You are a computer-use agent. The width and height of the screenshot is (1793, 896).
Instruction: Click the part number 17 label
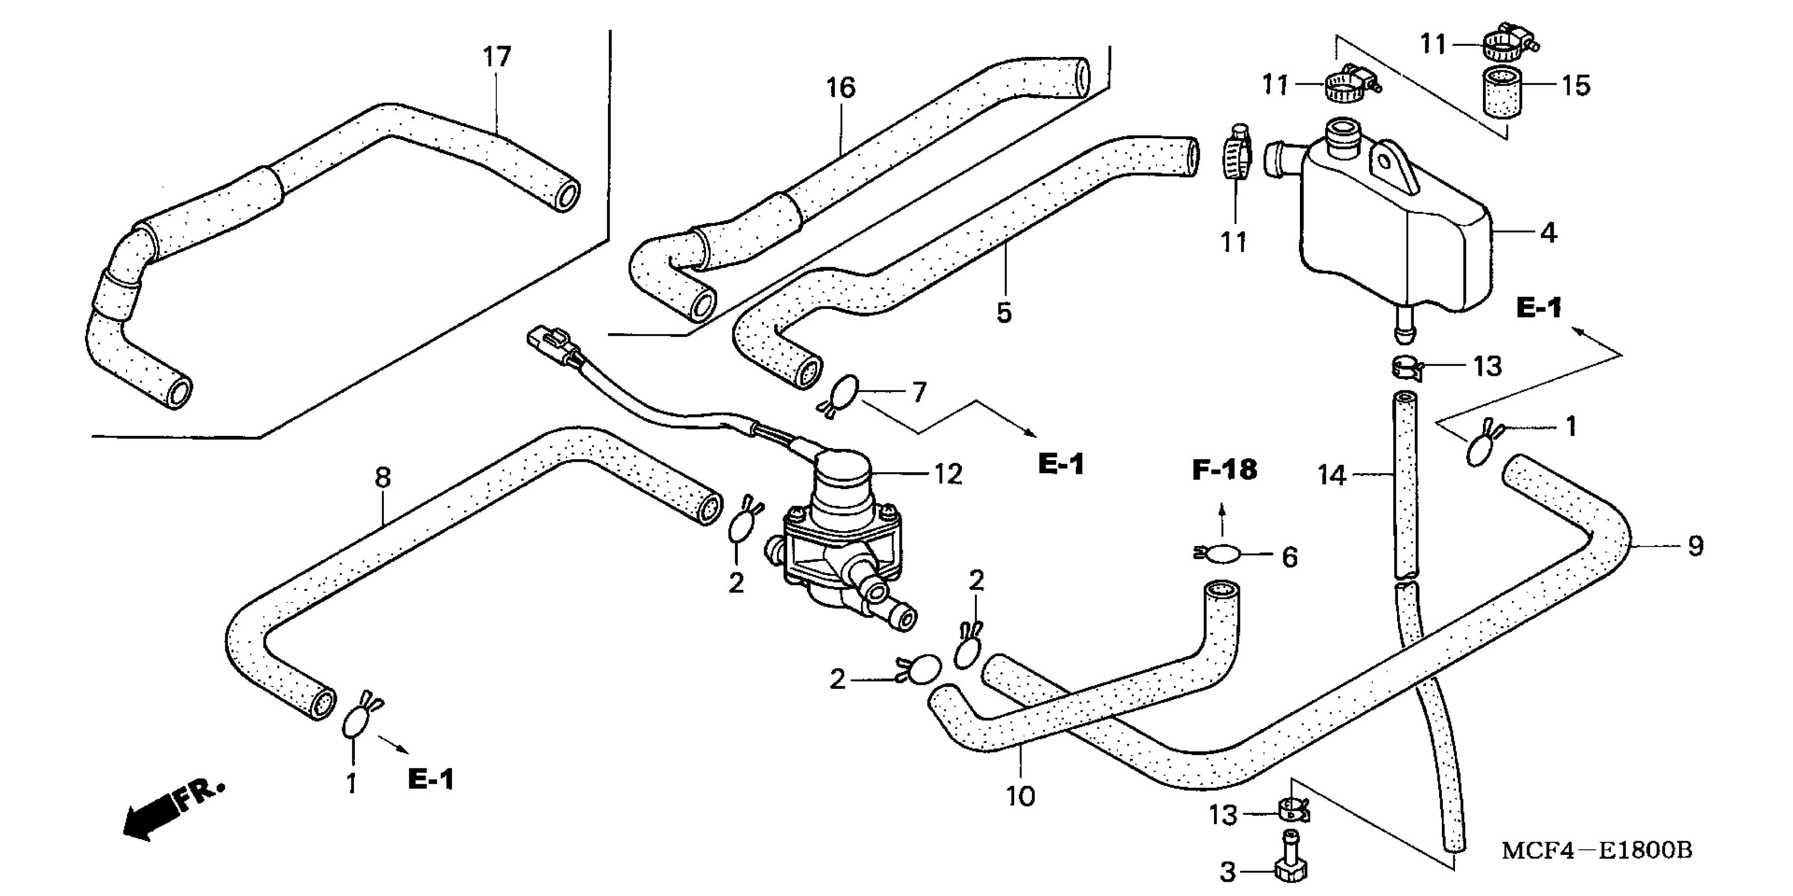[x=497, y=56]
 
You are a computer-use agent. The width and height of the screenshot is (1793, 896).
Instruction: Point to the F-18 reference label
[x=1225, y=470]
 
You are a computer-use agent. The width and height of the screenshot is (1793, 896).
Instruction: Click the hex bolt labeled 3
[x=1290, y=863]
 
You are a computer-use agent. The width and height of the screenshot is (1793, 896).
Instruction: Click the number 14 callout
[x=1332, y=476]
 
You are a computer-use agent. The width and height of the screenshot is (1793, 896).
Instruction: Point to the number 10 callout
[x=1020, y=796]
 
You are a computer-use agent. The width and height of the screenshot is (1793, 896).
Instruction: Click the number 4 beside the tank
[x=1548, y=233]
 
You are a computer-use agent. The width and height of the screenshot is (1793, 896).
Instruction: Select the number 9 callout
[x=1695, y=546]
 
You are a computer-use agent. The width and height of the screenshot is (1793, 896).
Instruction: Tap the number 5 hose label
[x=1004, y=313]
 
